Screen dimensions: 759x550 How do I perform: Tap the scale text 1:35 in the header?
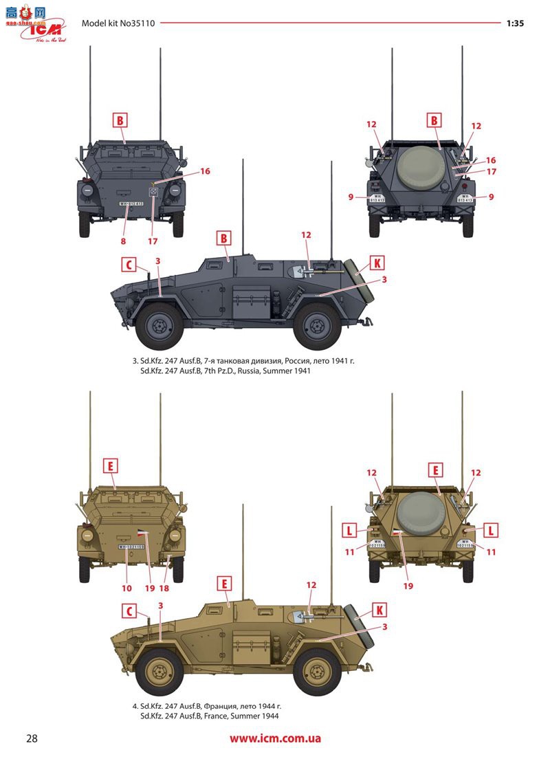pyautogui.click(x=515, y=23)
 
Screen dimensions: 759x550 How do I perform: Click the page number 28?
pyautogui.click(x=32, y=739)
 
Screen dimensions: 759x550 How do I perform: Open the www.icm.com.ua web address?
pyautogui.click(x=275, y=740)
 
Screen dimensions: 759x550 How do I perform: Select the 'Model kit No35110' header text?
pyautogui.click(x=118, y=23)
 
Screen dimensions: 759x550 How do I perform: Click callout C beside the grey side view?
pyautogui.click(x=127, y=264)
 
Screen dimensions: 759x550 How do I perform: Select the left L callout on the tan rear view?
pyautogui.click(x=351, y=530)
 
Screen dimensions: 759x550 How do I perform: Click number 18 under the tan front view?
pyautogui.click(x=164, y=588)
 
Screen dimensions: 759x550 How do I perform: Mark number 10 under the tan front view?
pyautogui.click(x=126, y=588)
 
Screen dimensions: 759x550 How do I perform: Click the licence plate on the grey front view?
pyautogui.click(x=131, y=203)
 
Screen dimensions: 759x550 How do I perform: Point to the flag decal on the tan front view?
pyautogui.click(x=142, y=533)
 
